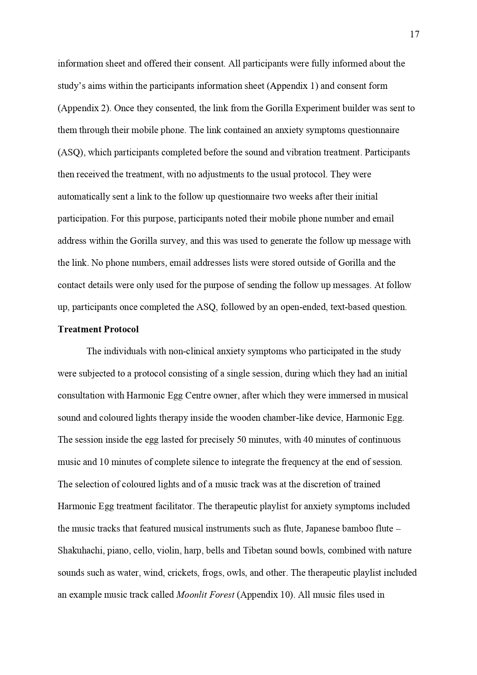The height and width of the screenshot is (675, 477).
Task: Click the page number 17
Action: [x=415, y=35]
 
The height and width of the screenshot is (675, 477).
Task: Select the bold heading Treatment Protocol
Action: [x=98, y=329]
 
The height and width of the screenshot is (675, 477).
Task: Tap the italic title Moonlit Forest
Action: [x=205, y=595]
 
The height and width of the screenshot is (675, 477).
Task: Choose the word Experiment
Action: [x=317, y=108]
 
